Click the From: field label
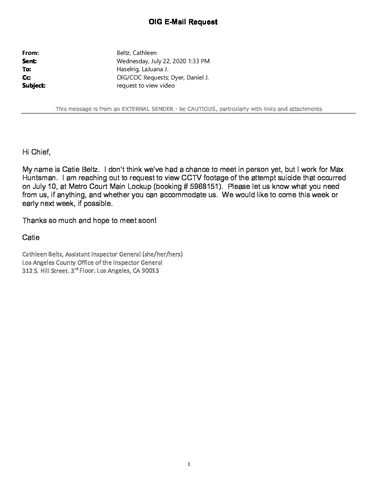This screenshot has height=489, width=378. [30, 53]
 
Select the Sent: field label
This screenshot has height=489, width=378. [30, 61]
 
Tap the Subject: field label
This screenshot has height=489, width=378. [34, 85]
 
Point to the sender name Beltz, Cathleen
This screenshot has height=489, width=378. [137, 53]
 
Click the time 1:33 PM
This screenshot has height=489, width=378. [198, 61]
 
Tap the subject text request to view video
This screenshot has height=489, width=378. [146, 85]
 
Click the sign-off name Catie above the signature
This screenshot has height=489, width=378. [31, 238]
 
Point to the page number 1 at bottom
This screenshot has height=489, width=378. [189, 464]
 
